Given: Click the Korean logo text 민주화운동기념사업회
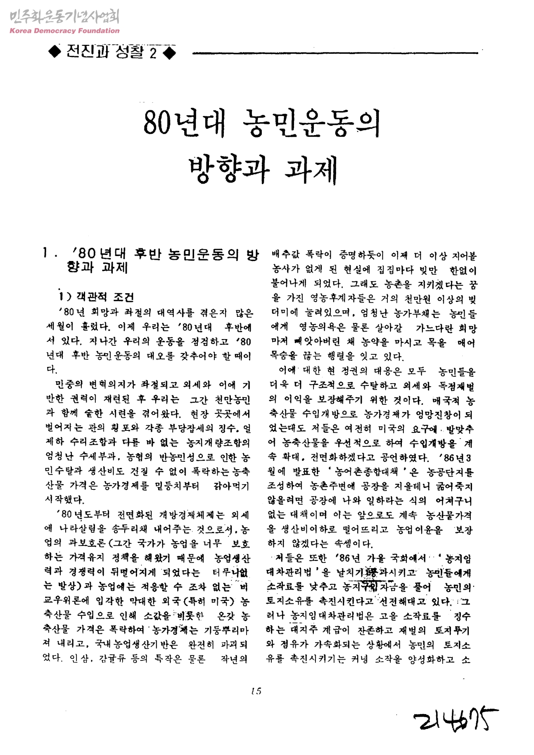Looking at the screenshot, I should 64,17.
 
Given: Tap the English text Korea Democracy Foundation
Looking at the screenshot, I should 64,31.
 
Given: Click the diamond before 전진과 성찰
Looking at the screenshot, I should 54,52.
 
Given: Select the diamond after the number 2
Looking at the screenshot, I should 169,53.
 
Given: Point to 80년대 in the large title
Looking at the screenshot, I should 183,123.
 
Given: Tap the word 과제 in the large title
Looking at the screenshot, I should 311,169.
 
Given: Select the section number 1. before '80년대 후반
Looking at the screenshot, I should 48,253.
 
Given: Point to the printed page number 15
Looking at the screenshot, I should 256,691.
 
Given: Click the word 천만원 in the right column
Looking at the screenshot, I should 418,299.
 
